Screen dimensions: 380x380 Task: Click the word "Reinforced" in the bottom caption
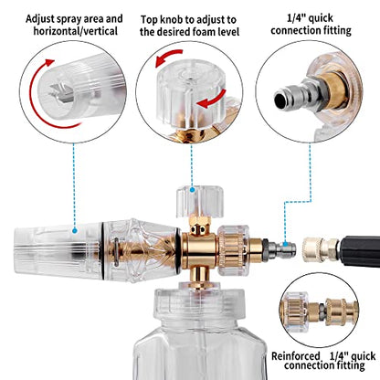(x=295, y=355)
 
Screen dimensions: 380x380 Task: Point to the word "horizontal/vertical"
(x=75, y=31)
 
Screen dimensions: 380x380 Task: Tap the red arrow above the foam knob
(x=168, y=58)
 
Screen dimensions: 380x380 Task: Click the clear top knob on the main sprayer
(x=200, y=201)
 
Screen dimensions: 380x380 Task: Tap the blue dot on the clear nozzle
(x=75, y=231)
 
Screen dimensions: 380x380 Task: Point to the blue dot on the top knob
(x=192, y=190)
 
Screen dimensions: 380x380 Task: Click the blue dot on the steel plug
(x=285, y=244)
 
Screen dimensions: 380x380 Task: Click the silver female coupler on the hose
(x=321, y=249)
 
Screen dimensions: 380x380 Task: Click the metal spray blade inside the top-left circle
(x=62, y=92)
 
